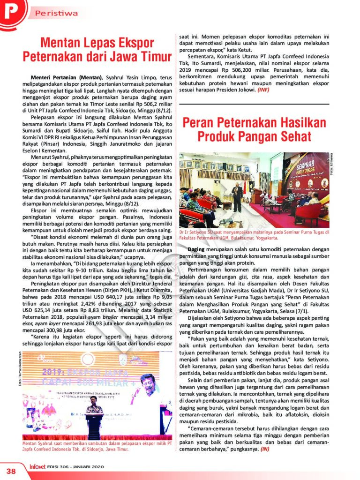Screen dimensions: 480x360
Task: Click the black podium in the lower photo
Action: (x=94, y=424)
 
